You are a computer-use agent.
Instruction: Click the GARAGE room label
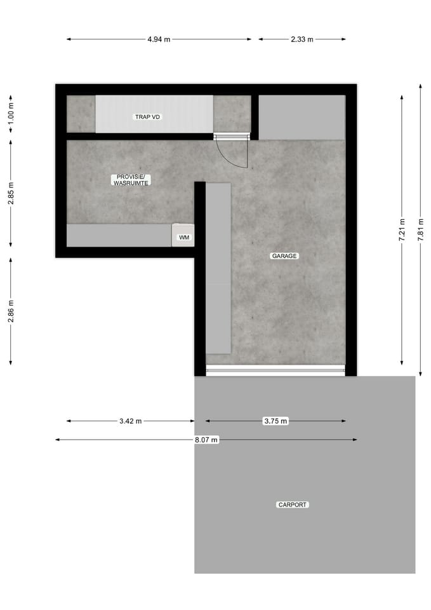284,256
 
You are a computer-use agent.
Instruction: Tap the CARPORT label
292,505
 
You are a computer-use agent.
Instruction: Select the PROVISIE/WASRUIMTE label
131,180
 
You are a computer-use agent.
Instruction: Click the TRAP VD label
147,117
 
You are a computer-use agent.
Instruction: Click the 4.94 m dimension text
159,39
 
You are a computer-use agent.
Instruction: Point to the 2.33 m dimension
302,39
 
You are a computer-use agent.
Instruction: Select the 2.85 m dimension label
11,193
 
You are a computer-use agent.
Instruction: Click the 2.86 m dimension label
11,311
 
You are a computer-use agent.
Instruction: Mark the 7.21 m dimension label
401,229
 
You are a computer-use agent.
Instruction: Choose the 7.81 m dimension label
420,229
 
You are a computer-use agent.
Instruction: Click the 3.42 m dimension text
130,421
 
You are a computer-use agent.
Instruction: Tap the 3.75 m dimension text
275,421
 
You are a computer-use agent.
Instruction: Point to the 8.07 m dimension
206,440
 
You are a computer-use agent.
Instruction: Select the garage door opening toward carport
275,370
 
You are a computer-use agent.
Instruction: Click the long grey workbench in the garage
218,268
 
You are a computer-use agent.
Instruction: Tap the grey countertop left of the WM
119,235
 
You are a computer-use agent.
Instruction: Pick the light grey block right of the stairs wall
302,117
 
